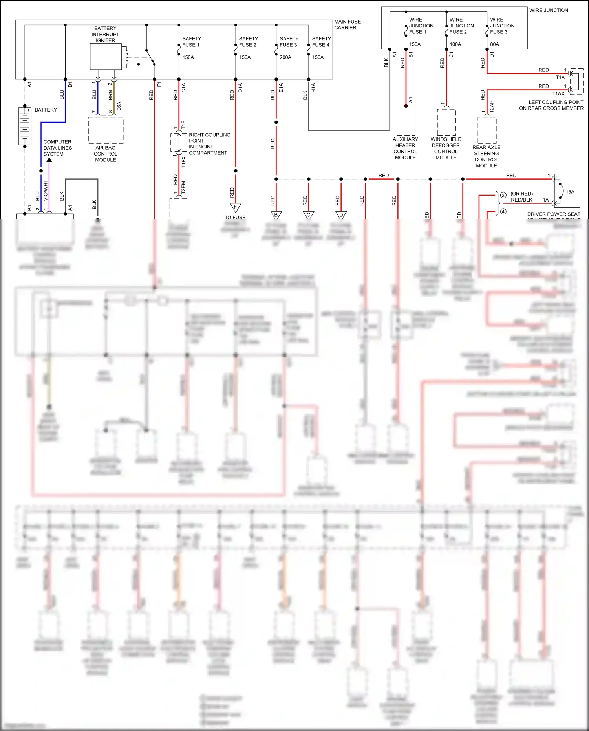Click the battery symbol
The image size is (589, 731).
click(x=25, y=126)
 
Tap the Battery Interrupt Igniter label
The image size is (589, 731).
click(x=105, y=35)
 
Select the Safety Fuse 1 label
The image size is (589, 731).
click(x=191, y=42)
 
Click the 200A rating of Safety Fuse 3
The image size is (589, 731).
click(x=285, y=57)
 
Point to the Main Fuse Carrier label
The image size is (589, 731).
click(x=347, y=25)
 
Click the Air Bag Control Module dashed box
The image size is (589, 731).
click(x=106, y=130)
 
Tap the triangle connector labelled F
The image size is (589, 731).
click(x=235, y=207)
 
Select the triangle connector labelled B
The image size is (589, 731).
click(x=276, y=215)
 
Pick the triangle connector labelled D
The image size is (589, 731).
click(x=341, y=215)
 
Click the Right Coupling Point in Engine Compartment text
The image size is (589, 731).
click(x=209, y=144)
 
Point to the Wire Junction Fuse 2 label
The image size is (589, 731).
click(x=461, y=26)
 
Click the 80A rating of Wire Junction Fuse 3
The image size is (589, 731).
click(x=494, y=44)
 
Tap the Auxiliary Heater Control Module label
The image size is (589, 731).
click(x=405, y=148)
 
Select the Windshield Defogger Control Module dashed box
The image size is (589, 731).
click(x=446, y=122)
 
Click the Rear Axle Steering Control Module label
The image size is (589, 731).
click(x=486, y=156)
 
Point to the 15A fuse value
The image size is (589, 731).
click(x=570, y=192)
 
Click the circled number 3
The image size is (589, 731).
click(x=503, y=195)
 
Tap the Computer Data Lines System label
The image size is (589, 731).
click(x=57, y=148)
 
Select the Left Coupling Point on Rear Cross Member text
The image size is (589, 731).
click(x=551, y=105)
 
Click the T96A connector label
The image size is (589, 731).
click(x=119, y=107)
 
